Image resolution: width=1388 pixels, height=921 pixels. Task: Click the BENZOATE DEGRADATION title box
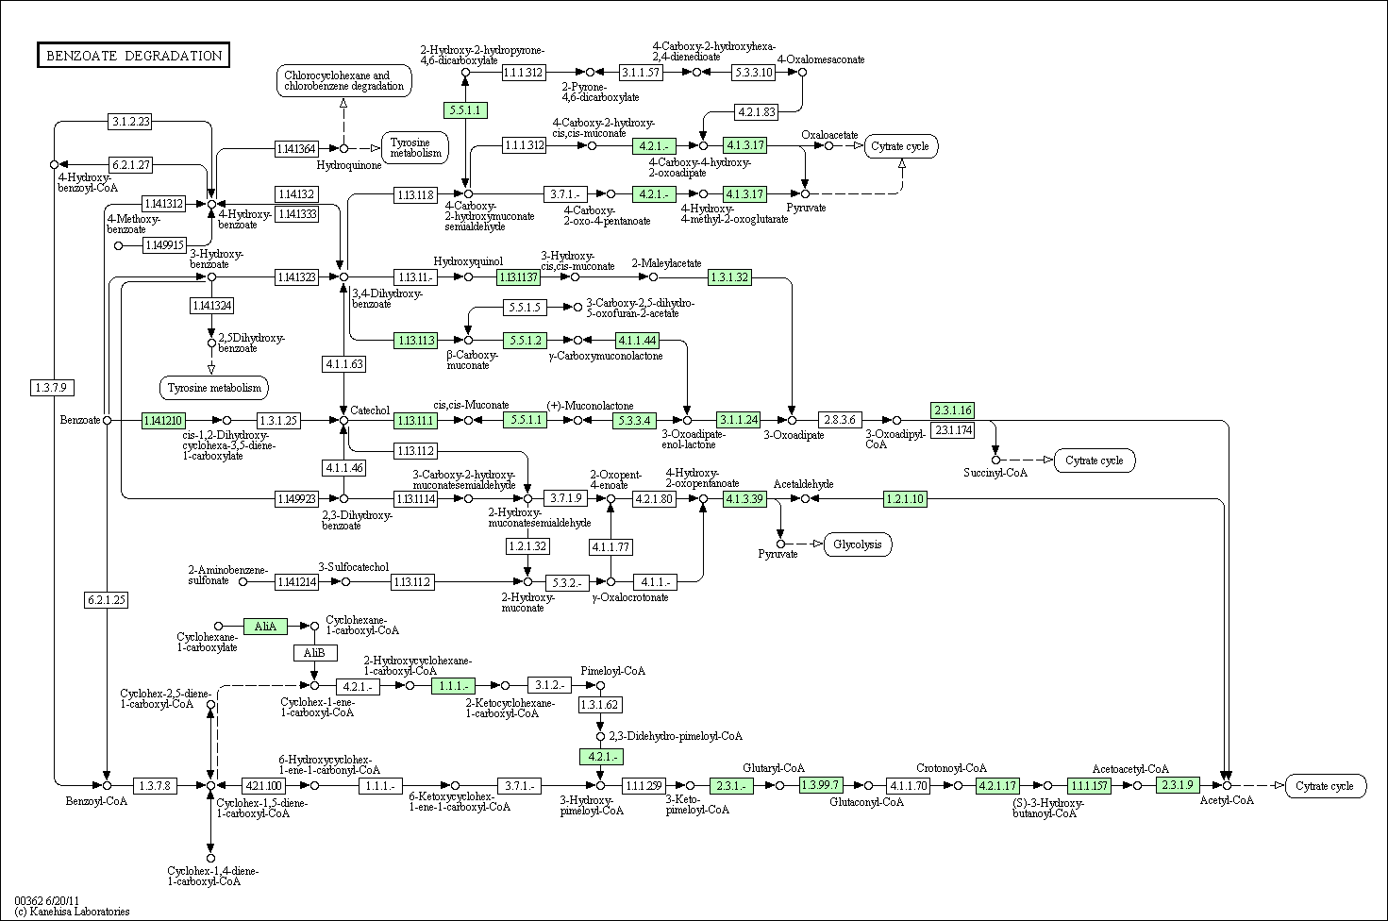[133, 55]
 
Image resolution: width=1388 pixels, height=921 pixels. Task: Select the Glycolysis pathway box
[858, 544]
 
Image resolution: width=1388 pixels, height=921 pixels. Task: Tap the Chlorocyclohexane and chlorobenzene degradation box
[343, 80]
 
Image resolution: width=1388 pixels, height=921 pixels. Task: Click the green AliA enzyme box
[265, 626]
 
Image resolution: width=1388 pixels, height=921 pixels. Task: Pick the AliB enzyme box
[315, 653]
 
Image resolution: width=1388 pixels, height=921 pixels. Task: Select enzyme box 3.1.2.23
[130, 122]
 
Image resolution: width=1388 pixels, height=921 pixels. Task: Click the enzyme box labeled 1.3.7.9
[52, 388]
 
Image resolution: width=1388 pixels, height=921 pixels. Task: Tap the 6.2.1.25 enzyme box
[107, 600]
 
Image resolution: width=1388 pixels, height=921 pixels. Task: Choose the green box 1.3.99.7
[820, 785]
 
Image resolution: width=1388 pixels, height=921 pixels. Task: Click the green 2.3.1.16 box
[953, 410]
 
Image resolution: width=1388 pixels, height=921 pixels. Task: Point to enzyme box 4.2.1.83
[757, 112]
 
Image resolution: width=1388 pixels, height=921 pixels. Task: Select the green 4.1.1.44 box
[637, 341]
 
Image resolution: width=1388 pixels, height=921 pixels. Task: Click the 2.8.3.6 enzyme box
[840, 420]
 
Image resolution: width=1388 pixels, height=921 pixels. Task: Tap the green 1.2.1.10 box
[905, 499]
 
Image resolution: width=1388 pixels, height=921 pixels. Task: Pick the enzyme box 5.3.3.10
[754, 73]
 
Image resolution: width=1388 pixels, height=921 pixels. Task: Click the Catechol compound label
[370, 410]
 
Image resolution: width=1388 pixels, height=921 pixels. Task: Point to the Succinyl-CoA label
[995, 472]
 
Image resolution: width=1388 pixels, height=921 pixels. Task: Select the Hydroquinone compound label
[349, 165]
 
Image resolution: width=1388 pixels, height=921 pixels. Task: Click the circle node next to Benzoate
[108, 420]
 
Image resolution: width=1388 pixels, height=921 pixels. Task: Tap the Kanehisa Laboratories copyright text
[73, 911]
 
